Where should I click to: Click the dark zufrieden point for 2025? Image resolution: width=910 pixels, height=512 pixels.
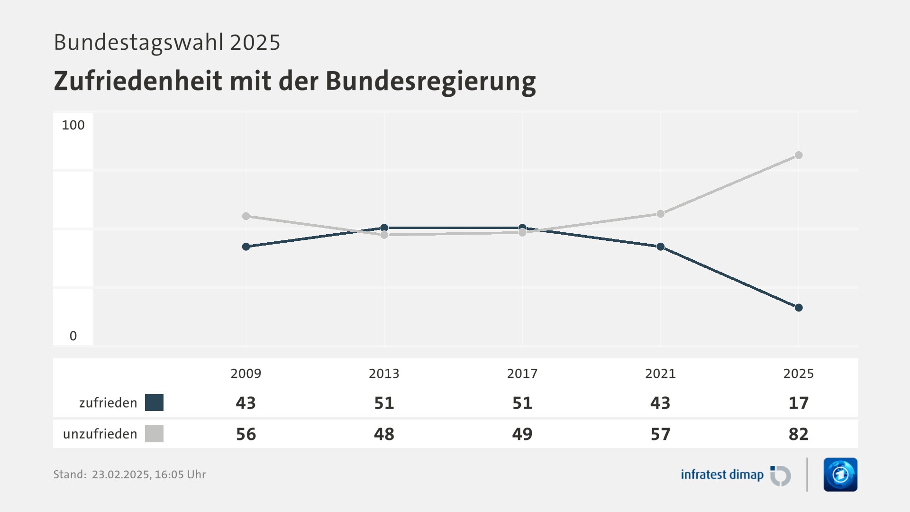point(799,308)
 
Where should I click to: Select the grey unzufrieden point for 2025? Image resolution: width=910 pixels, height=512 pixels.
point(799,155)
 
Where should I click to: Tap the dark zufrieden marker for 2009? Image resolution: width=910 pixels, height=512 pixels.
point(246,247)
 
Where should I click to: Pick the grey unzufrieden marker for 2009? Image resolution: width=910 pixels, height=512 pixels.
point(246,216)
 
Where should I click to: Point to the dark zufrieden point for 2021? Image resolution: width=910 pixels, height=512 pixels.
point(661,247)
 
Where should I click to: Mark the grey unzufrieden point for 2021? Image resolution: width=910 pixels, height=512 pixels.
point(661,214)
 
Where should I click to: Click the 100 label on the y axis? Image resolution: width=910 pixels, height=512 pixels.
point(73,125)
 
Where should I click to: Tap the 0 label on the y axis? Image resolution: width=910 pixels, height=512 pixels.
point(73,336)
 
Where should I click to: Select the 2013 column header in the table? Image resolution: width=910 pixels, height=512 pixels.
point(384,374)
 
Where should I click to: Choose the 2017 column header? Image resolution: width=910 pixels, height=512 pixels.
point(522,374)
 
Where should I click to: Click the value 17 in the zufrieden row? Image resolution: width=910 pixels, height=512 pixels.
point(799,403)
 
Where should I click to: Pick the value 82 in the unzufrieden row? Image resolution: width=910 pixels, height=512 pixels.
point(799,434)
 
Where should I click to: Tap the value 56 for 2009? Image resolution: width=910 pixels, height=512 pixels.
point(246,434)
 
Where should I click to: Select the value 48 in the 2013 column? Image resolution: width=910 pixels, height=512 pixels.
point(384,434)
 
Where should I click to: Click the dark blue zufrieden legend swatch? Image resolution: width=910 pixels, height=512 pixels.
point(154,402)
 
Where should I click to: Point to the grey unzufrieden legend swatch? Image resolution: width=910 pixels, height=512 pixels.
point(154,434)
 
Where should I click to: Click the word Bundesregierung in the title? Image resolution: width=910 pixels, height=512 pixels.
point(430,81)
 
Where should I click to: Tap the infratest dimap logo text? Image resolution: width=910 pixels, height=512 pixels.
point(722,475)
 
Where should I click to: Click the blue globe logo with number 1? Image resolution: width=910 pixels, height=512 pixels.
point(840,475)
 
